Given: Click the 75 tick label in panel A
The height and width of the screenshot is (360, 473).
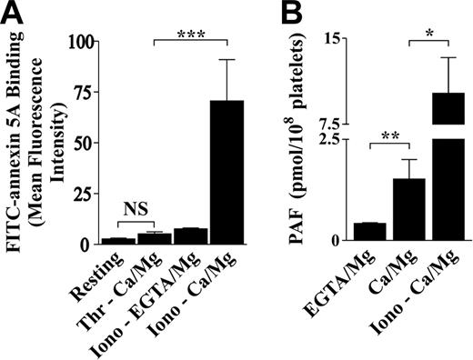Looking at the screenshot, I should click(84, 93).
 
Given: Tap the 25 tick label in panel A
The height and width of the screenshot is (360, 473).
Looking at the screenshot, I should click(84, 194).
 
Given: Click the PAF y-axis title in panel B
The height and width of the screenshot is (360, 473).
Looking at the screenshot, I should click(301, 142).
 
